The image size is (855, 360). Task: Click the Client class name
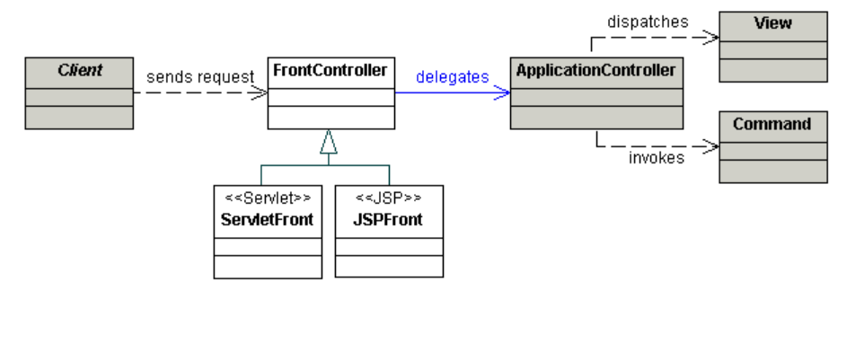pyautogui.click(x=78, y=68)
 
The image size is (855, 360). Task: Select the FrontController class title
pyautogui.click(x=331, y=68)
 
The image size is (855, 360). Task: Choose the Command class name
pyautogui.click(x=772, y=125)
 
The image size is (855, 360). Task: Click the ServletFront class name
pyautogui.click(x=268, y=219)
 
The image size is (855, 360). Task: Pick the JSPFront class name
pyautogui.click(x=389, y=219)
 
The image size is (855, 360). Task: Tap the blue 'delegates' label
pyautogui.click(x=452, y=77)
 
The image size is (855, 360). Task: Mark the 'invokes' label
pyautogui.click(x=656, y=159)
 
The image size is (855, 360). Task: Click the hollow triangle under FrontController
pyautogui.click(x=330, y=141)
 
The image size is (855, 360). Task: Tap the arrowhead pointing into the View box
pyautogui.click(x=712, y=38)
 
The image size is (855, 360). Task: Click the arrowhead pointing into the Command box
pyautogui.click(x=712, y=146)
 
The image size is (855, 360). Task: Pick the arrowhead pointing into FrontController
pyautogui.click(x=260, y=92)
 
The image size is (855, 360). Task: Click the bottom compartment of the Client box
pyautogui.click(x=78, y=118)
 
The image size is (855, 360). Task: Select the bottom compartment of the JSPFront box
pyautogui.click(x=389, y=267)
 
